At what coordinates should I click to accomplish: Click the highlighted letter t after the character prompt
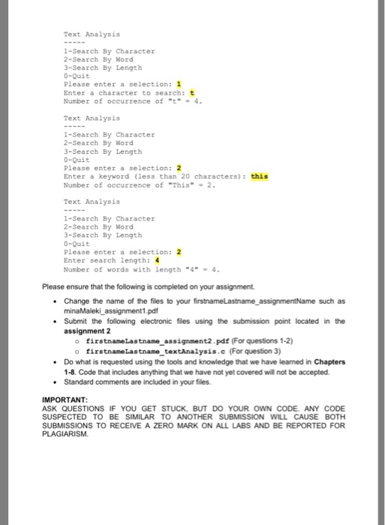pos(179,92)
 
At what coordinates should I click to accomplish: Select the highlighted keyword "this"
pos(259,177)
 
